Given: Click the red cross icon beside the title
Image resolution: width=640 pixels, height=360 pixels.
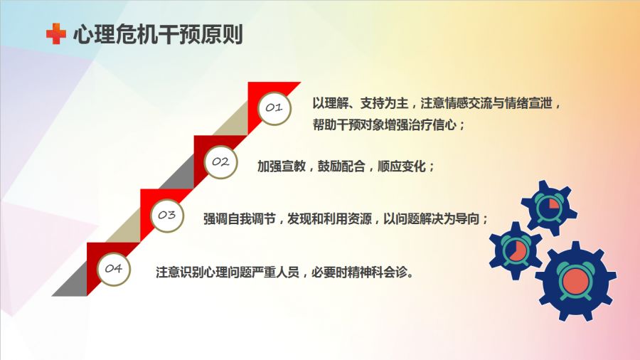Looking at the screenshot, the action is (x=56, y=33).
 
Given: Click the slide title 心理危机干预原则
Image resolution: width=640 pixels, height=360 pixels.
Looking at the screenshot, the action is (x=159, y=34).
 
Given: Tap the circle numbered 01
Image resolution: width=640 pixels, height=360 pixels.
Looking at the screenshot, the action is (x=274, y=107).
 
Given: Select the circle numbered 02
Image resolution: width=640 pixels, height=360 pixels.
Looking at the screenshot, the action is (x=220, y=162).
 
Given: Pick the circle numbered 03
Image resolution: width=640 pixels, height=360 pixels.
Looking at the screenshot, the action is (x=167, y=215).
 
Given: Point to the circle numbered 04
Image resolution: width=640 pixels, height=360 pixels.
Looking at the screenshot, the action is (x=114, y=268).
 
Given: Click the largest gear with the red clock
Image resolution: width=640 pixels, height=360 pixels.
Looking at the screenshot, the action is (x=576, y=281).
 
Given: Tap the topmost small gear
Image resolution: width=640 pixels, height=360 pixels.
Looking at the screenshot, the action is (x=549, y=208).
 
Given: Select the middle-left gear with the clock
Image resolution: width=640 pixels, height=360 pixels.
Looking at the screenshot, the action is (x=516, y=250).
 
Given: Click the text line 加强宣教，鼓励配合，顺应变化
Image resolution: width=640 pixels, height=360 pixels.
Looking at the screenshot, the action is (x=346, y=166).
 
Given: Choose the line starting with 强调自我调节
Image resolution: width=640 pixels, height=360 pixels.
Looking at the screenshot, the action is (x=346, y=219).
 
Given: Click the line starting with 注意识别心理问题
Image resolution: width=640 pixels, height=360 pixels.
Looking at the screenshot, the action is (x=285, y=272).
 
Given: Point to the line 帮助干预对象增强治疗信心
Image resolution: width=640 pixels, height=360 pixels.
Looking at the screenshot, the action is (x=388, y=125).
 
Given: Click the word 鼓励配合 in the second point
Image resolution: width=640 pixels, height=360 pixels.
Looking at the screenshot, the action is (x=341, y=166).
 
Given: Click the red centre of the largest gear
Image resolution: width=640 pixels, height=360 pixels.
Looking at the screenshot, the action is (x=576, y=281).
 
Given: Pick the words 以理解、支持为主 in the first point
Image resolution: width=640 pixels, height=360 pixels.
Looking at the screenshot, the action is (x=361, y=103).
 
